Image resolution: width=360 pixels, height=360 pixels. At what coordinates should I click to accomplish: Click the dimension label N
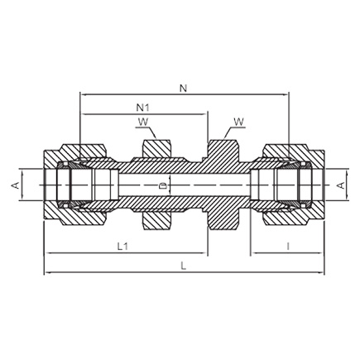click(x=184, y=89)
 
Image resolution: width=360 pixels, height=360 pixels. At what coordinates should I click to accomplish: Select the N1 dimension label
click(x=143, y=108)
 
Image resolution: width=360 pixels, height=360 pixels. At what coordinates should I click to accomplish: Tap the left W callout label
click(x=143, y=122)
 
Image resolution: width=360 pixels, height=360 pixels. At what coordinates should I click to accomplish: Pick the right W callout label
click(x=238, y=122)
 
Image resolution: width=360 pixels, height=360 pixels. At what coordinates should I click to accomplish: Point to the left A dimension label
click(x=16, y=185)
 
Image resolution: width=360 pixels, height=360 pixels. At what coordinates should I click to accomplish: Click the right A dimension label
click(x=341, y=185)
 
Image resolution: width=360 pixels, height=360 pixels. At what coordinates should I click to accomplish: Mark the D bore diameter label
click(x=164, y=185)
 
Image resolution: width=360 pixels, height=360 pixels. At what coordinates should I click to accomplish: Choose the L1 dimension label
click(x=122, y=246)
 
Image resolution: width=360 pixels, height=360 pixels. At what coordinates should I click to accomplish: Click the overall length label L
click(x=184, y=266)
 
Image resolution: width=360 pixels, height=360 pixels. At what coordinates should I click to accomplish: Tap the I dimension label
click(x=288, y=246)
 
